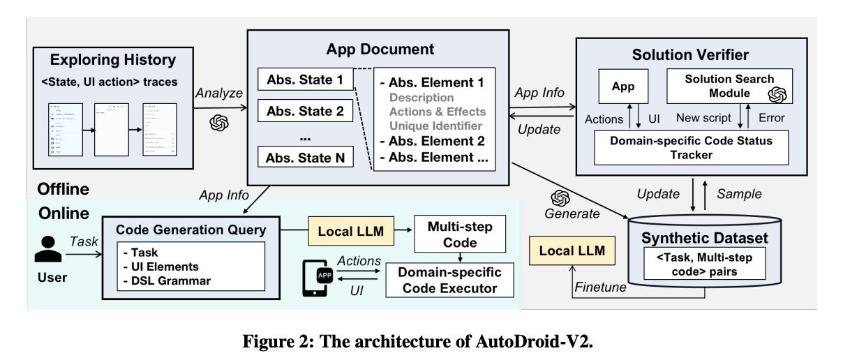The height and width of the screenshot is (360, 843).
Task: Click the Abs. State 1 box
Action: [305, 80]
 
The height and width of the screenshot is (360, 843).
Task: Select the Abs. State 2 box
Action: [305, 110]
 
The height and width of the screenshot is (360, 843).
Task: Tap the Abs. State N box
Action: [305, 157]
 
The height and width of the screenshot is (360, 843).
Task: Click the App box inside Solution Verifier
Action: [624, 87]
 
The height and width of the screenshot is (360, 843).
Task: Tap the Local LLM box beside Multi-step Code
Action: [351, 231]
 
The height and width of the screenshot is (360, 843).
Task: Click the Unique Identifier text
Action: [435, 126]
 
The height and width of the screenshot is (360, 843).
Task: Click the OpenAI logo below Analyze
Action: [219, 122]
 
